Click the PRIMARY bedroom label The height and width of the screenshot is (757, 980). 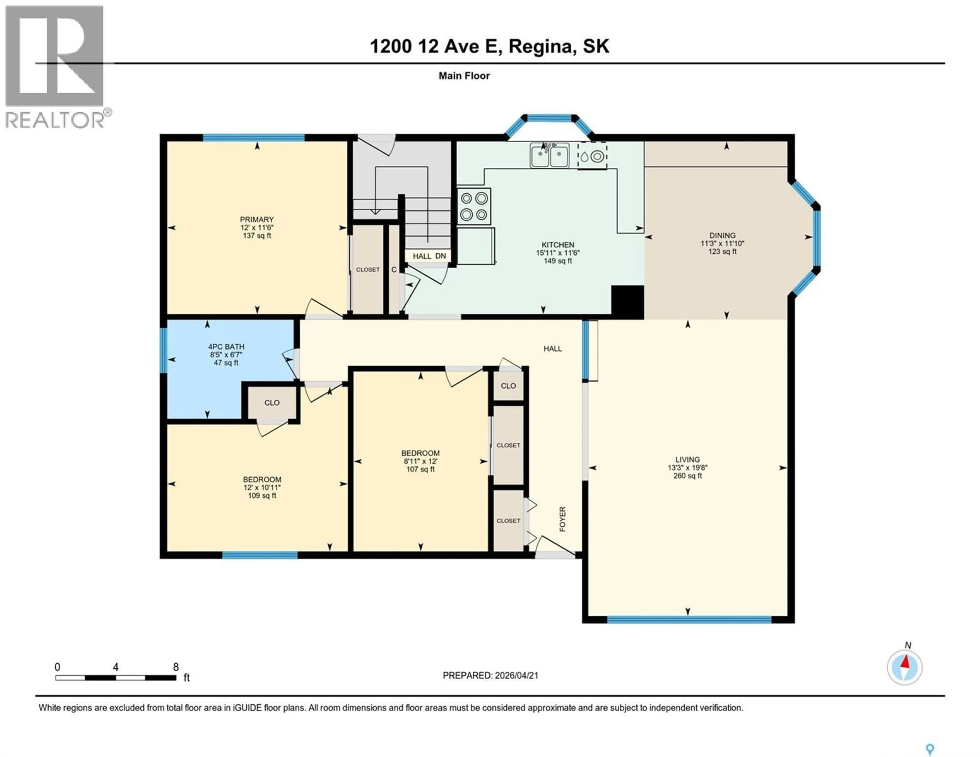(257, 219)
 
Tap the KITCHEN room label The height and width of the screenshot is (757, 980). (558, 245)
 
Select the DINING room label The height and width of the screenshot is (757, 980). (722, 235)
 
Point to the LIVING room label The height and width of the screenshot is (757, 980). (688, 460)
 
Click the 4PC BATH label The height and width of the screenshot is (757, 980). (226, 346)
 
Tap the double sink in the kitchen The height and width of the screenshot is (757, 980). (550, 156)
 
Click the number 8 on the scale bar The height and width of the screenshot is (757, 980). (176, 667)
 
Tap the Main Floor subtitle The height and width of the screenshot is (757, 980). (464, 76)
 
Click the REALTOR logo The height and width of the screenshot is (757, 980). (55, 67)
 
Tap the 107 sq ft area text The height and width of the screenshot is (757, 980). (420, 469)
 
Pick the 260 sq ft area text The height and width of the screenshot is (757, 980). (688, 476)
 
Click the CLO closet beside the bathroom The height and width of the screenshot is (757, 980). (272, 403)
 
